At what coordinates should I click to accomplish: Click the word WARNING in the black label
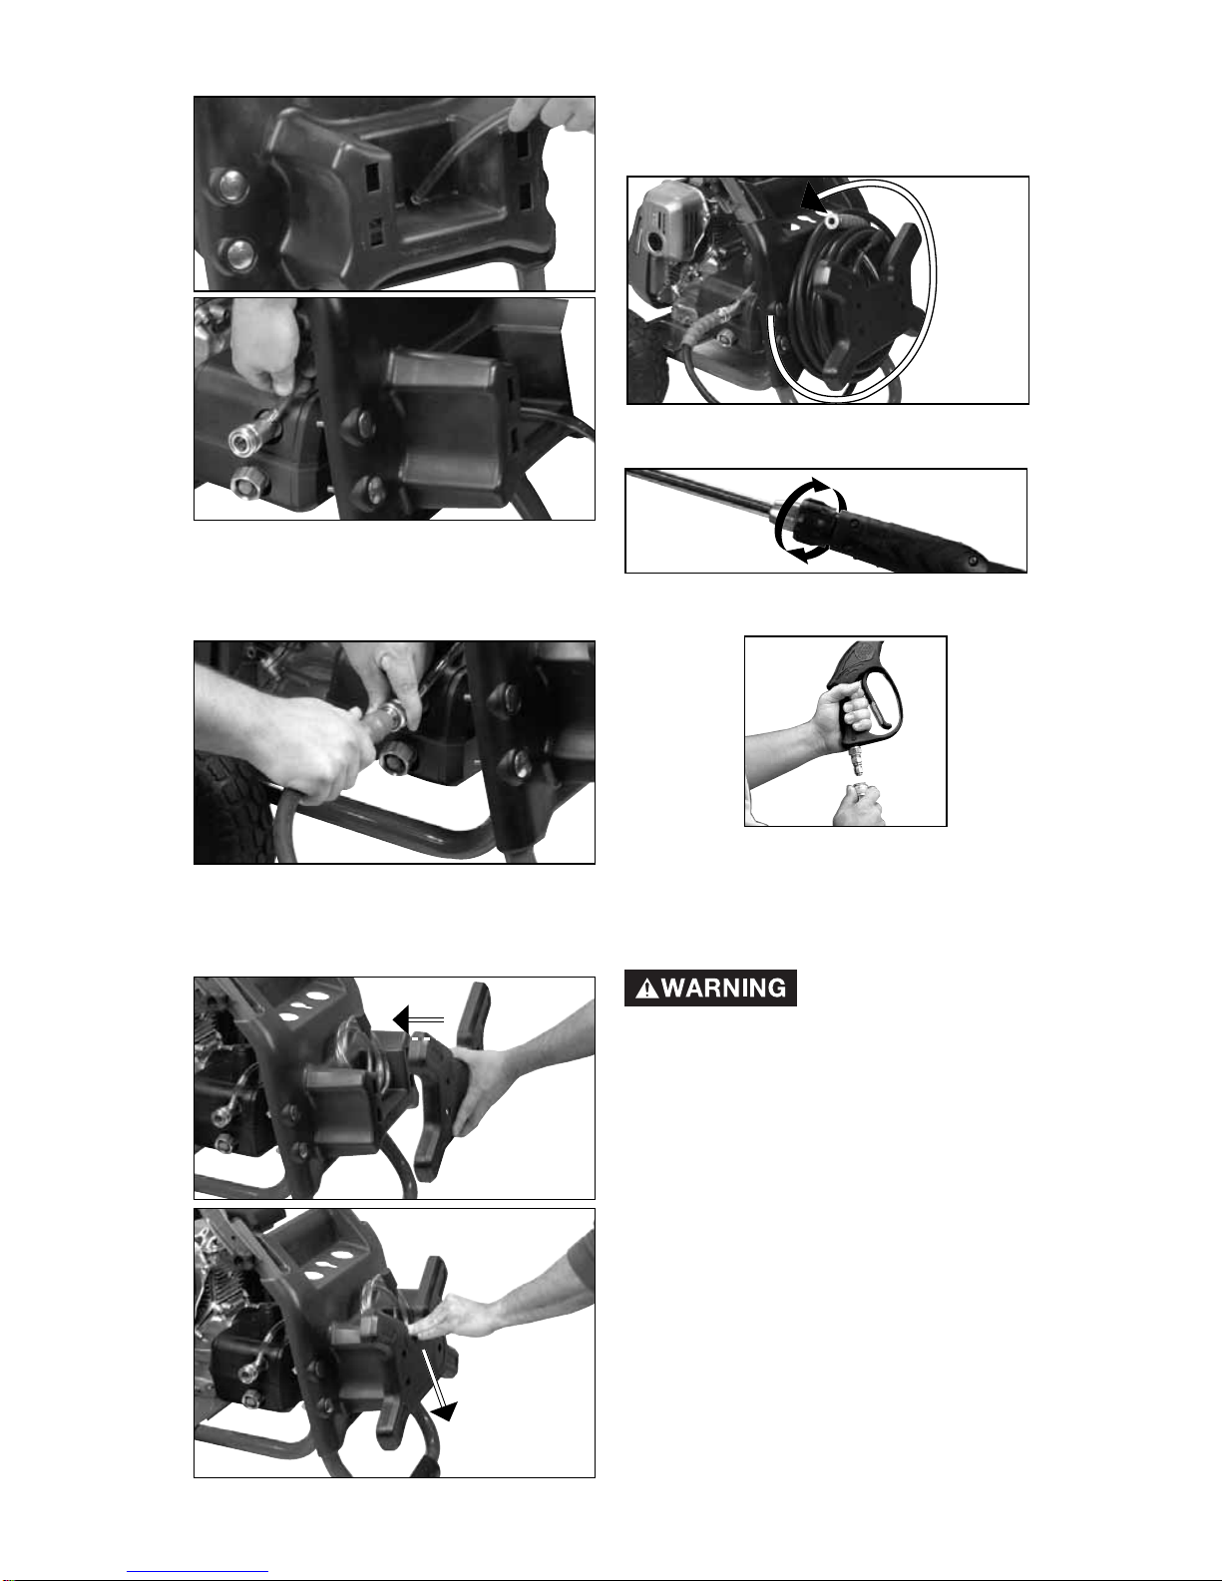(724, 988)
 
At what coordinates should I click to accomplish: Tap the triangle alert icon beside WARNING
(646, 988)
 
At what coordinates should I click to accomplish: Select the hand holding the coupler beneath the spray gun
(858, 805)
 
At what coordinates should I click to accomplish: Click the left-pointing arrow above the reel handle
(418, 1019)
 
